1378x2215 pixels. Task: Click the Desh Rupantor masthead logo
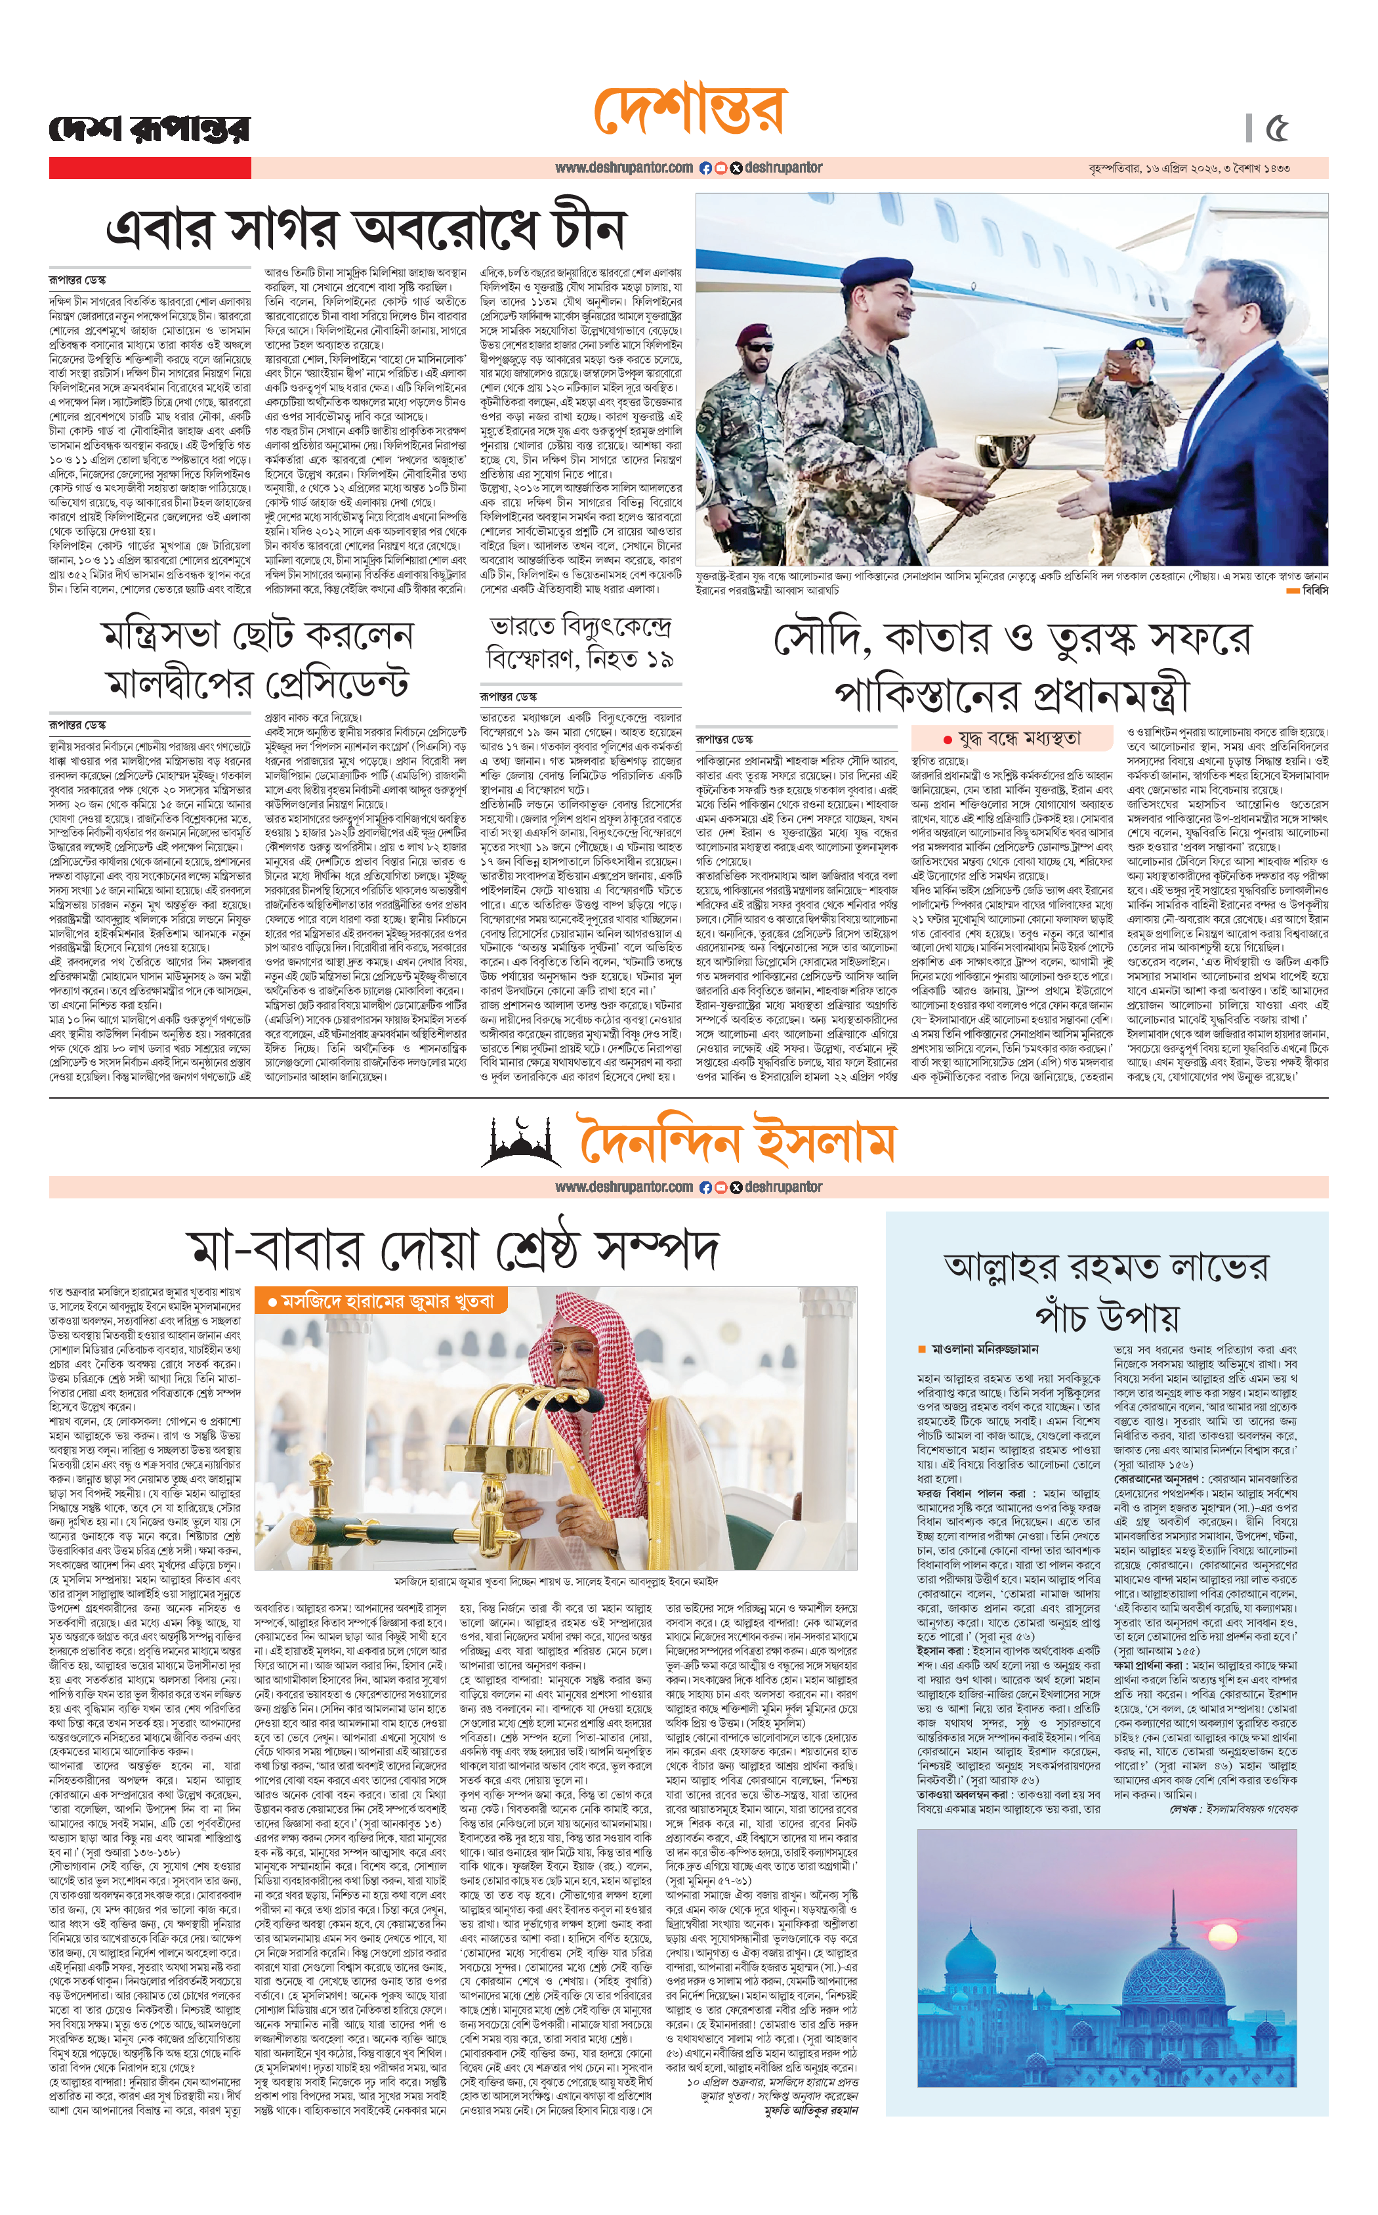pyautogui.click(x=148, y=129)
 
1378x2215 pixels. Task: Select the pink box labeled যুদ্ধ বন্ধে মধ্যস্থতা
pyautogui.click(x=1013, y=738)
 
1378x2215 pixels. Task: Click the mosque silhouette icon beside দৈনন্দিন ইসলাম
pyautogui.click(x=522, y=1143)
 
